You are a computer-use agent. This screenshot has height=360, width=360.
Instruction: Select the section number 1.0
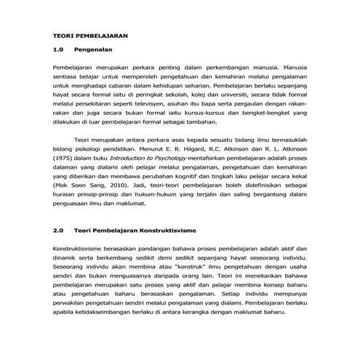point(60,51)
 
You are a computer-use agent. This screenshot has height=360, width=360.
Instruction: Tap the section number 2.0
point(60,231)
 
